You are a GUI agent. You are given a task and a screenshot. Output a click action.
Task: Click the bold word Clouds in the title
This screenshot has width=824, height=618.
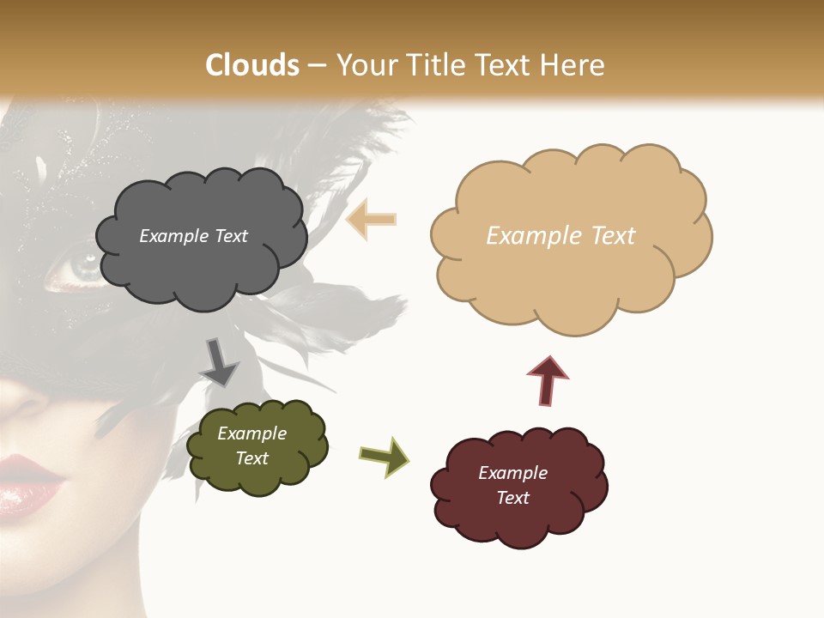click(x=252, y=65)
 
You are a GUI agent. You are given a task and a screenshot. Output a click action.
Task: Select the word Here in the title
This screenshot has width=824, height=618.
click(x=573, y=65)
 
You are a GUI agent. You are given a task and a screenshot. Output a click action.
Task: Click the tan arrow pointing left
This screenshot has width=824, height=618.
click(x=371, y=220)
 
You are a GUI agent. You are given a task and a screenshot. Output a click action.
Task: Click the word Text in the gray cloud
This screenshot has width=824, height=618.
click(x=230, y=236)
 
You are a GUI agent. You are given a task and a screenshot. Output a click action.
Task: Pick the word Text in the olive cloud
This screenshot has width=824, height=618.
click(x=252, y=458)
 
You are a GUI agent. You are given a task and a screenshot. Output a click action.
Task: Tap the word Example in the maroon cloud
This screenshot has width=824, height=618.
click(x=512, y=473)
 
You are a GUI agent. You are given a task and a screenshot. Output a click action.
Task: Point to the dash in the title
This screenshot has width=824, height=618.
click(x=316, y=66)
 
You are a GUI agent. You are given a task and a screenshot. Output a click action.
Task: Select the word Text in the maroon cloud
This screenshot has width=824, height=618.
click(x=512, y=498)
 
